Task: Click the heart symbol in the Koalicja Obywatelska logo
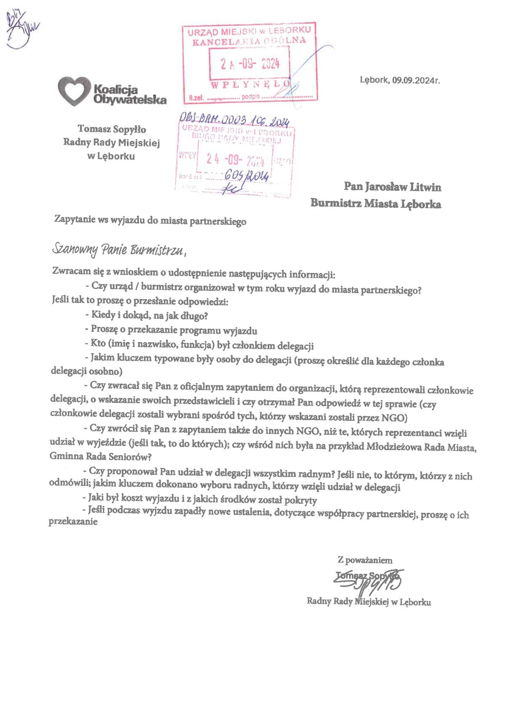(x=74, y=91)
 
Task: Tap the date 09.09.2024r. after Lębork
(x=416, y=80)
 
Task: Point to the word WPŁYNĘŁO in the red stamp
(x=250, y=85)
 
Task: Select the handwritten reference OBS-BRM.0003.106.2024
(x=234, y=120)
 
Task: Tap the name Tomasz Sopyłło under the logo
(x=112, y=129)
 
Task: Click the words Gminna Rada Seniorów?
(x=101, y=456)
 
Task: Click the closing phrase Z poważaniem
(x=365, y=560)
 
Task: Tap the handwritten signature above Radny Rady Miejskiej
(x=370, y=581)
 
